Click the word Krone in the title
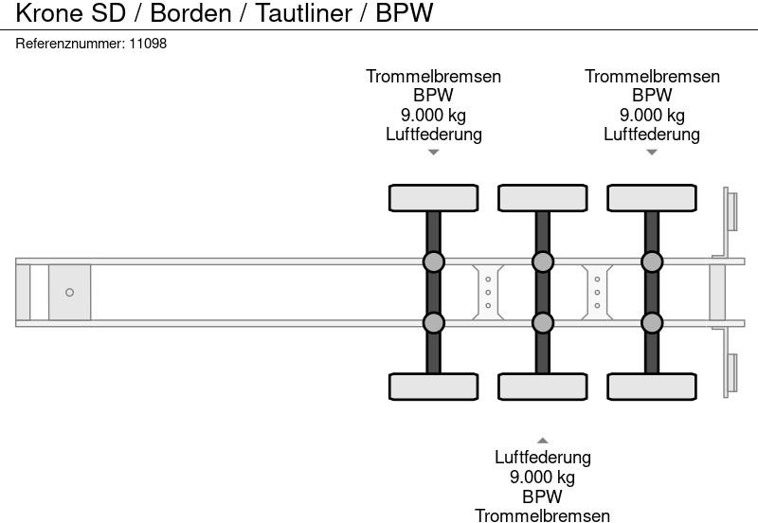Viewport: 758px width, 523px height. click(47, 13)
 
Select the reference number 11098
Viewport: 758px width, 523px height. click(148, 44)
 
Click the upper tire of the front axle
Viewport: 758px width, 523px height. click(433, 198)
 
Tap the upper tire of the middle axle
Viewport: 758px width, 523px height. click(542, 198)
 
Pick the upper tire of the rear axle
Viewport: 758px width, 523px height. click(651, 198)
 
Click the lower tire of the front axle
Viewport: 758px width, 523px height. click(433, 387)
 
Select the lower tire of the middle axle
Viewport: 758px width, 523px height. click(542, 387)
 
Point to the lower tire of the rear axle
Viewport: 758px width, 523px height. click(651, 387)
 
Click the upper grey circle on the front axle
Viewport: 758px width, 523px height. click(433, 261)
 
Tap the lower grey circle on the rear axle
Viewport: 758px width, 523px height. click(651, 323)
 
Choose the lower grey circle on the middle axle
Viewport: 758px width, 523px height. click(542, 323)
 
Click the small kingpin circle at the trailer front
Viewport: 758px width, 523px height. click(69, 293)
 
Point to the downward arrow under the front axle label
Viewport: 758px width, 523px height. click(433, 153)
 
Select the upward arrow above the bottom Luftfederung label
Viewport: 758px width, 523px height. click(542, 440)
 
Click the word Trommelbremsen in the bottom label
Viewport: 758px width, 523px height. click(542, 515)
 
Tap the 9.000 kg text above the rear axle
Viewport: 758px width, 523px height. click(652, 115)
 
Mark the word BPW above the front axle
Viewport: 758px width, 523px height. click(433, 96)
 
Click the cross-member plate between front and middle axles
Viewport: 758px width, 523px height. click(487, 293)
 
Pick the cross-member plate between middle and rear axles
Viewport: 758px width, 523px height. click(597, 293)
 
